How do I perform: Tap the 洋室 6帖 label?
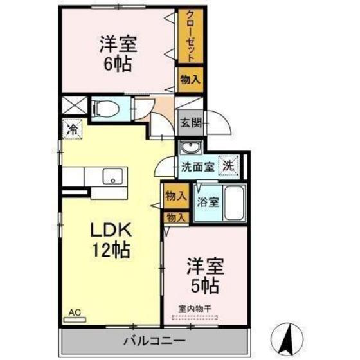coord(118,55)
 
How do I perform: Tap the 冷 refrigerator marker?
coord(71,129)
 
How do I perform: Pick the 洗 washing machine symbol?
coord(228,165)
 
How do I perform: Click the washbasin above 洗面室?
coord(189,148)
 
